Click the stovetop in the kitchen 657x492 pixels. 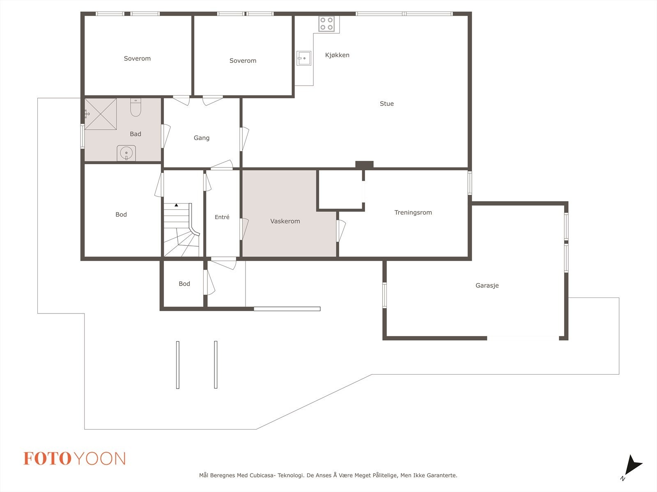pyautogui.click(x=326, y=24)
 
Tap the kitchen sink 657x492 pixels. pyautogui.click(x=304, y=58)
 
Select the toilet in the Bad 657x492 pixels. pyautogui.click(x=136, y=108)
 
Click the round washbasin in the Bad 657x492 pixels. pyautogui.click(x=126, y=153)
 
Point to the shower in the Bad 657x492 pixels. pyautogui.click(x=101, y=114)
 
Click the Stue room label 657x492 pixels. pyautogui.click(x=387, y=103)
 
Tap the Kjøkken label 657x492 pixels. pyautogui.click(x=338, y=55)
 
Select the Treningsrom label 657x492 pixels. pyautogui.click(x=413, y=213)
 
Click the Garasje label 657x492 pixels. pyautogui.click(x=487, y=285)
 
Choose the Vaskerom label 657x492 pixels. pyautogui.click(x=285, y=221)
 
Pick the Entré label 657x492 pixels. pyautogui.click(x=222, y=217)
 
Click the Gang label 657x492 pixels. pyautogui.click(x=202, y=138)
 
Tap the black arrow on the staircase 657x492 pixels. pyautogui.click(x=176, y=205)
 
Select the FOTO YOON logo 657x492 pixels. pyautogui.click(x=75, y=458)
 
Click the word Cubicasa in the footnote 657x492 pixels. pyautogui.click(x=262, y=475)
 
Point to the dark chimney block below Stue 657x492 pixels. pyautogui.click(x=364, y=165)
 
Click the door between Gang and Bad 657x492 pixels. pyautogui.click(x=165, y=136)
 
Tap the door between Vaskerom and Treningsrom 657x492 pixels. pyautogui.click(x=341, y=231)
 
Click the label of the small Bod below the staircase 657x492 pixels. pyautogui.click(x=184, y=284)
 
